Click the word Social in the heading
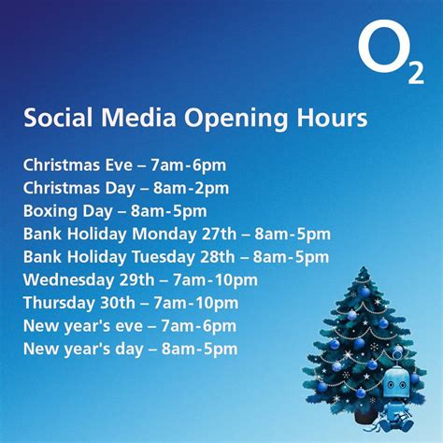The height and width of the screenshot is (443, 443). pyautogui.click(x=55, y=120)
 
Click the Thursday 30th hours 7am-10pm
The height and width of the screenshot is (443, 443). pyautogui.click(x=198, y=303)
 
